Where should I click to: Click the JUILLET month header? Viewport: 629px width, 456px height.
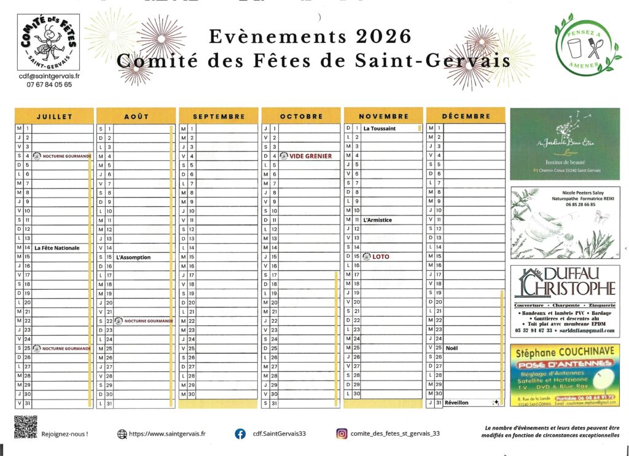pyautogui.click(x=54, y=116)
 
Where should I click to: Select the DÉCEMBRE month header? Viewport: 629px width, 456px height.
pyautogui.click(x=466, y=116)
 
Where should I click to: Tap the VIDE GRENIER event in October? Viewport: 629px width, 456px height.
pyautogui.click(x=310, y=156)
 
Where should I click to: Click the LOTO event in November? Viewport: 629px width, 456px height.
pyautogui.click(x=380, y=257)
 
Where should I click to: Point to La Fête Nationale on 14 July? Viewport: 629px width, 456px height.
pyautogui.click(x=57, y=248)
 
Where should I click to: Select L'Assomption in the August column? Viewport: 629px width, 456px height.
pyautogui.click(x=133, y=257)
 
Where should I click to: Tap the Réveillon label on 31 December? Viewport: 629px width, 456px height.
pyautogui.click(x=456, y=403)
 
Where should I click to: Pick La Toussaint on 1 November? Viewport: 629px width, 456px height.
pyautogui.click(x=379, y=129)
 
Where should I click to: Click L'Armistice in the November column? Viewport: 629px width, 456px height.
pyautogui.click(x=377, y=220)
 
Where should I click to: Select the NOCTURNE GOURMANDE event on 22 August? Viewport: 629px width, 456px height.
pyautogui.click(x=148, y=321)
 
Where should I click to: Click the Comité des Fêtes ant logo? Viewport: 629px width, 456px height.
pyautogui.click(x=48, y=42)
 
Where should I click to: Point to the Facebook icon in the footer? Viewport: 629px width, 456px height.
pyautogui.click(x=241, y=433)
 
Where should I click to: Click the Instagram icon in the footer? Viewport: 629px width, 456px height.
pyautogui.click(x=341, y=433)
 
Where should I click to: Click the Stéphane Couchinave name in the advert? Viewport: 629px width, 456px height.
pyautogui.click(x=564, y=352)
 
